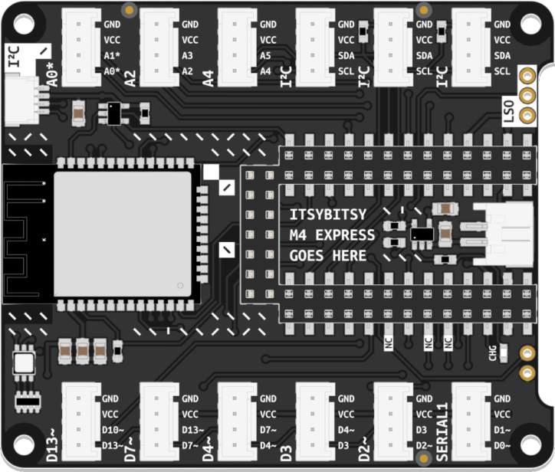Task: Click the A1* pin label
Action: coord(112,56)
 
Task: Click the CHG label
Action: coord(492,352)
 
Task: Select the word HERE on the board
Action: coord(349,255)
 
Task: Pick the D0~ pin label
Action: coord(503,445)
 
